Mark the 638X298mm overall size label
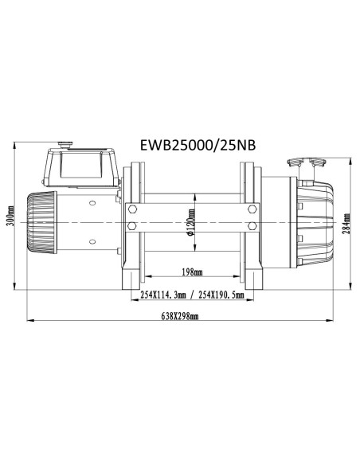point(180,318)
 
